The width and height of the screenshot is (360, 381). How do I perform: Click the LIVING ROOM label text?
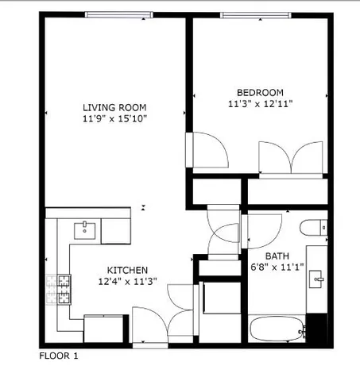(115, 107)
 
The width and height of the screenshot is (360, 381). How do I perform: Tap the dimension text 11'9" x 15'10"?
(115, 118)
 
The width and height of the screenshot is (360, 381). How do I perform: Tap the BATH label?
(277, 256)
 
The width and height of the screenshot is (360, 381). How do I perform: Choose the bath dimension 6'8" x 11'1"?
(277, 267)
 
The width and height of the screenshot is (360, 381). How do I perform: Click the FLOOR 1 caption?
(59, 356)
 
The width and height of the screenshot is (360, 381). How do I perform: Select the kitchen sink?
(85, 231)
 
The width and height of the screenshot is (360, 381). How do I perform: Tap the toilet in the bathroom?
(313, 226)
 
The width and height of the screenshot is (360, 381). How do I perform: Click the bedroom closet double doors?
(292, 158)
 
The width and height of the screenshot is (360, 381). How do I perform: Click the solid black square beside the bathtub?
(316, 326)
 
